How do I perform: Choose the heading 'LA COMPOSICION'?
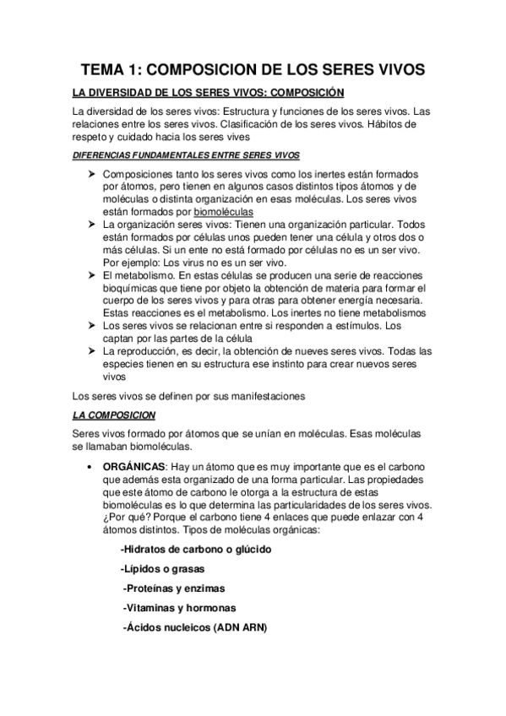tap(113, 415)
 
